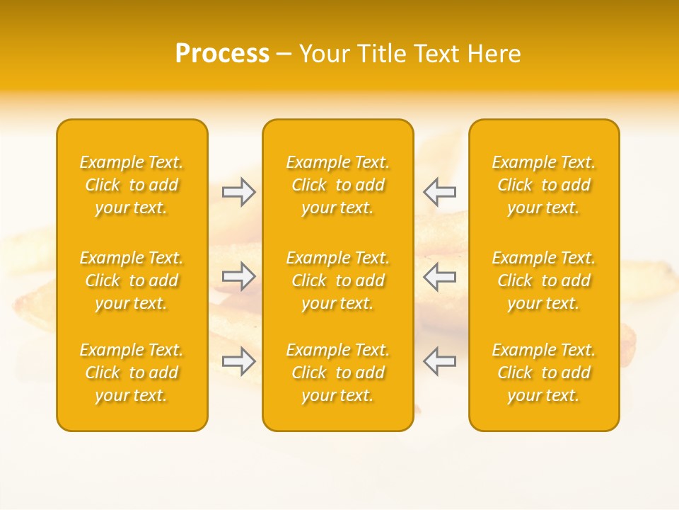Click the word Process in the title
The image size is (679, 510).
(222, 54)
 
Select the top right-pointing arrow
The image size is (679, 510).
(239, 191)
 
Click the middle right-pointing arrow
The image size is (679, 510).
(239, 276)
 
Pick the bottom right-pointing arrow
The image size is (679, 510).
(239, 361)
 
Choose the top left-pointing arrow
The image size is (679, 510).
(440, 191)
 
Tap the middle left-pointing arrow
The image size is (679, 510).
(440, 276)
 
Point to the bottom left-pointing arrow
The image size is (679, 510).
(440, 361)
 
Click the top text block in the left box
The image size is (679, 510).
(132, 185)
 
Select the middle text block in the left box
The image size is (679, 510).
(132, 280)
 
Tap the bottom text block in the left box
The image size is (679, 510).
(132, 373)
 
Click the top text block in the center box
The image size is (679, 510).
(338, 185)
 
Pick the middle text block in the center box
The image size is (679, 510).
(338, 280)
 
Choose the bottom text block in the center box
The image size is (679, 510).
(338, 373)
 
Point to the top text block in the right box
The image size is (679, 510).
(544, 185)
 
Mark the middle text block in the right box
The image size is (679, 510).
(544, 280)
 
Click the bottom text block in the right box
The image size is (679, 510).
(544, 373)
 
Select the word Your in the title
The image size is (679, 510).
(324, 54)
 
